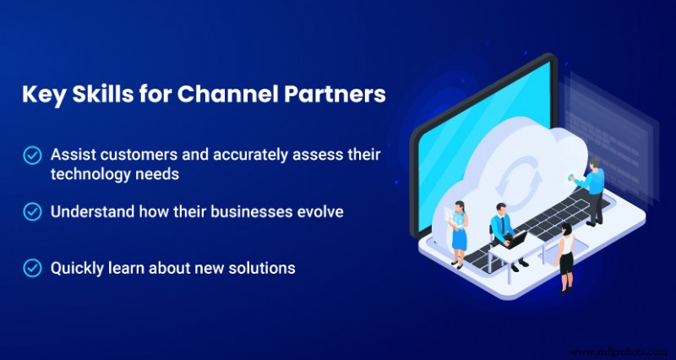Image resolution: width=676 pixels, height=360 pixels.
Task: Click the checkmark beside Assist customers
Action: tap(32, 155)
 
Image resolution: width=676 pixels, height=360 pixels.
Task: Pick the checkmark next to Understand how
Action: tap(32, 211)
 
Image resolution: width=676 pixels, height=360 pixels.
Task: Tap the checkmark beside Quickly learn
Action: tap(32, 268)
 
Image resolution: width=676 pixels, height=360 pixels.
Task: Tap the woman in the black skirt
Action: tap(565, 257)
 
